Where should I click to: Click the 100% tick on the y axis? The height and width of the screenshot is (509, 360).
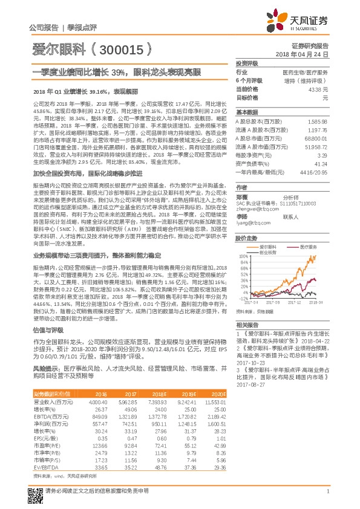click(x=244, y=256)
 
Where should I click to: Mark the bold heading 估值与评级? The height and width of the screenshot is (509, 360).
click(x=46, y=331)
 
